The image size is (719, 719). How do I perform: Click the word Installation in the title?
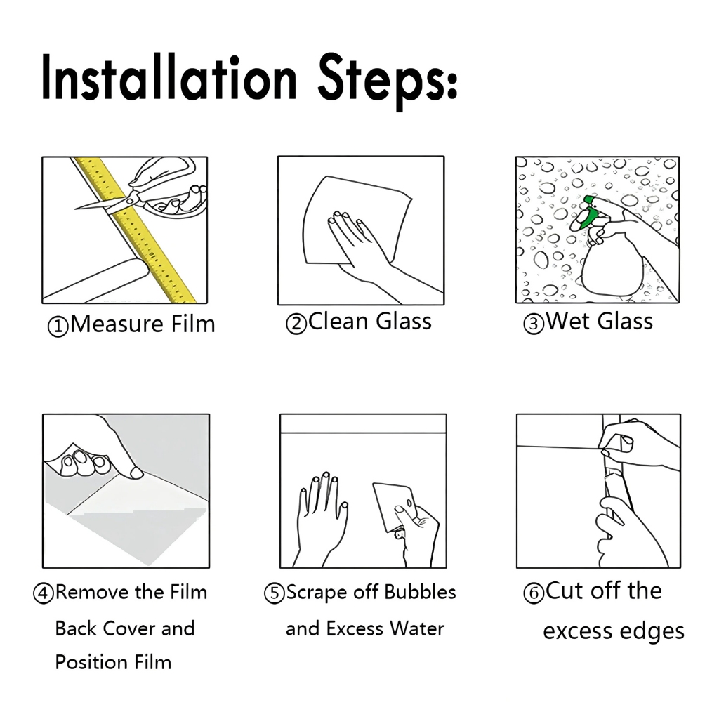click(x=169, y=77)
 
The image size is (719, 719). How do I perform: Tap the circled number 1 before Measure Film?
click(x=58, y=327)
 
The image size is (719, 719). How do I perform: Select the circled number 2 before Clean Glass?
click(x=296, y=324)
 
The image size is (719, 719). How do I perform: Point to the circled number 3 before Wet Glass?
click(x=534, y=324)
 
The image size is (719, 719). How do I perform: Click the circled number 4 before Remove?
click(x=43, y=593)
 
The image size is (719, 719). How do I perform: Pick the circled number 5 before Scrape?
click(x=275, y=593)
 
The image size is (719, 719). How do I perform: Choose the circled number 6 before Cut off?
click(x=534, y=593)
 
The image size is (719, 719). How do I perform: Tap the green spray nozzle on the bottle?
click(x=585, y=213)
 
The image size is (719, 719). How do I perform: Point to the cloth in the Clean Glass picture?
click(x=355, y=220)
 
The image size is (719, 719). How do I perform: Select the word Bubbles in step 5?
click(x=420, y=592)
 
